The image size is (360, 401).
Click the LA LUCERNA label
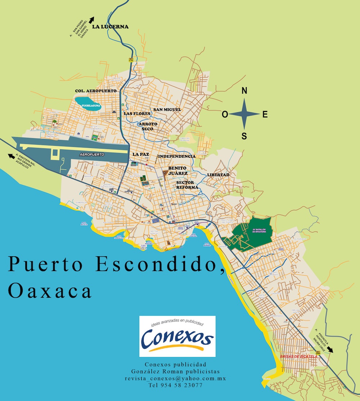point(110,27)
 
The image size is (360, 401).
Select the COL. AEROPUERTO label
point(96,91)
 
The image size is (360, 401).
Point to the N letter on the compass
point(244,91)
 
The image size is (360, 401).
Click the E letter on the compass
point(265,114)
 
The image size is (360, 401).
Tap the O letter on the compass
point(225,114)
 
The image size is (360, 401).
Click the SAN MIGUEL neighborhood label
point(167,109)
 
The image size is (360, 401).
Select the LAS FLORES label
point(137,114)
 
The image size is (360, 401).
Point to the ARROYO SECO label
point(148,126)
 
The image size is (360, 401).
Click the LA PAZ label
point(140,154)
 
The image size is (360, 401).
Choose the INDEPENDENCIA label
point(177,157)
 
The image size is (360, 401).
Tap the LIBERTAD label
point(218,175)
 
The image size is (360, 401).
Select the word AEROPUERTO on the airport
point(91,154)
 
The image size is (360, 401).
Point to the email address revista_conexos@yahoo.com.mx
point(175,379)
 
